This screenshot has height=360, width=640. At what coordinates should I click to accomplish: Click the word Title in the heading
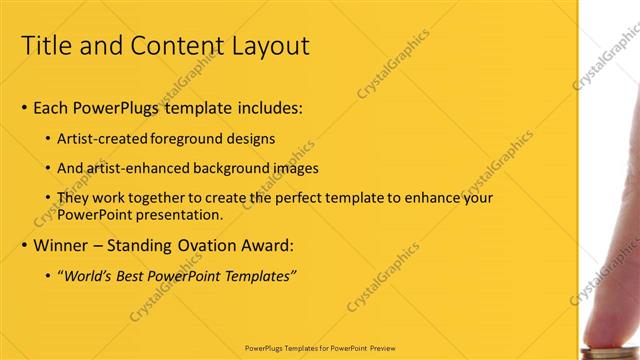(x=46, y=46)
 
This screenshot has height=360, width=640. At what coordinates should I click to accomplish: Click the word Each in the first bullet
(x=51, y=108)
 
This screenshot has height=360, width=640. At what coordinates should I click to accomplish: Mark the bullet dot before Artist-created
(x=49, y=139)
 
